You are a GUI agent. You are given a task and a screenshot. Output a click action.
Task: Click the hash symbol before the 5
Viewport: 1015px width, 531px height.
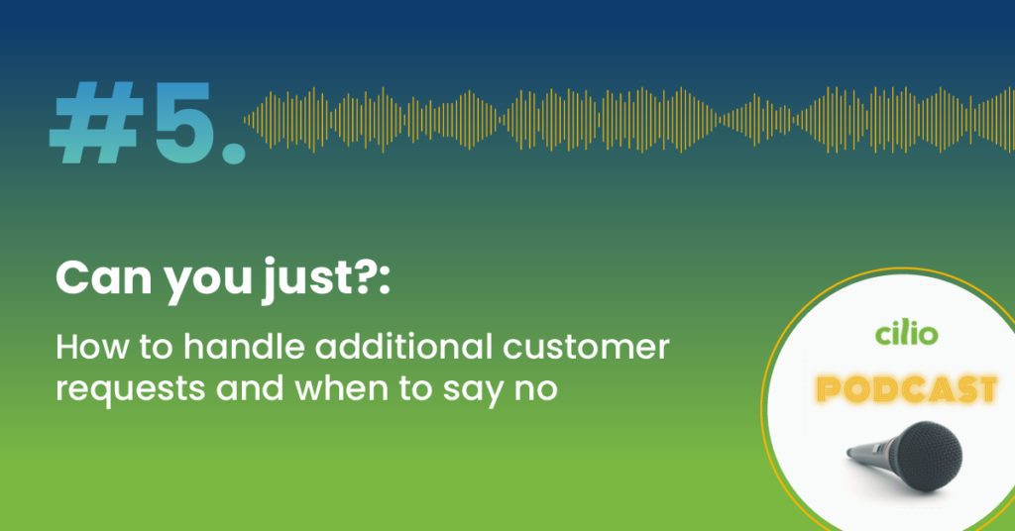tap(96, 122)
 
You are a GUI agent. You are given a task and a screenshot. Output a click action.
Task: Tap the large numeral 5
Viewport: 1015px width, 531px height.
tap(183, 122)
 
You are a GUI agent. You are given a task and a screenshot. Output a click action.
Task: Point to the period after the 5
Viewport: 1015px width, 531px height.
tap(234, 153)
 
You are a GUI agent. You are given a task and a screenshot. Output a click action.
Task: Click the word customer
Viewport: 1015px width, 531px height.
tap(586, 348)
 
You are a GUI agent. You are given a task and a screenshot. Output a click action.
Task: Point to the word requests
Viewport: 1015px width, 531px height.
tap(131, 389)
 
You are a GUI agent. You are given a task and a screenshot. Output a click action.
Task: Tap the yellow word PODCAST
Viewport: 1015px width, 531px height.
tap(906, 389)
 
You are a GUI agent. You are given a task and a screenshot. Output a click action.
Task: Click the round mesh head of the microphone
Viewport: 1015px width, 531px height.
tap(928, 456)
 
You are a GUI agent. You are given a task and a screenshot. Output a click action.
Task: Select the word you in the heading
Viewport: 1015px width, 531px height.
tap(207, 282)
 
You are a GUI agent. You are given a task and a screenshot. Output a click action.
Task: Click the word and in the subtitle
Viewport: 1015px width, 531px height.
tap(250, 387)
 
